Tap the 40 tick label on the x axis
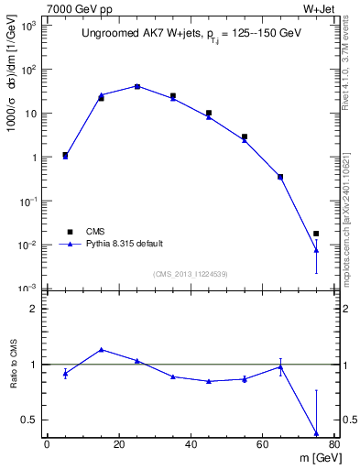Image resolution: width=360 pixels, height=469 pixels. click(191, 445)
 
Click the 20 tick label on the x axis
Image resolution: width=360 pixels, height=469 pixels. click(119, 445)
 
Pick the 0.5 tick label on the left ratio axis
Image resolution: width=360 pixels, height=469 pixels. click(28, 420)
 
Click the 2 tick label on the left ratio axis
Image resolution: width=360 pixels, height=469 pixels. click(34, 309)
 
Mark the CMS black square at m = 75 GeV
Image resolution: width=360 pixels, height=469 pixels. click(316, 234)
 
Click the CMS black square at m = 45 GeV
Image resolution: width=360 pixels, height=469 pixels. click(209, 113)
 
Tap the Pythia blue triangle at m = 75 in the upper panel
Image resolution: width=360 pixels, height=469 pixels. click(316, 250)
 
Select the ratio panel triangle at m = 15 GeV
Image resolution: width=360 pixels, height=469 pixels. click(101, 349)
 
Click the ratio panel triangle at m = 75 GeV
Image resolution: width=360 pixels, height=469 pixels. click(316, 433)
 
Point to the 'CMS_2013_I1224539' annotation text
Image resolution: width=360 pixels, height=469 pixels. click(191, 274)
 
